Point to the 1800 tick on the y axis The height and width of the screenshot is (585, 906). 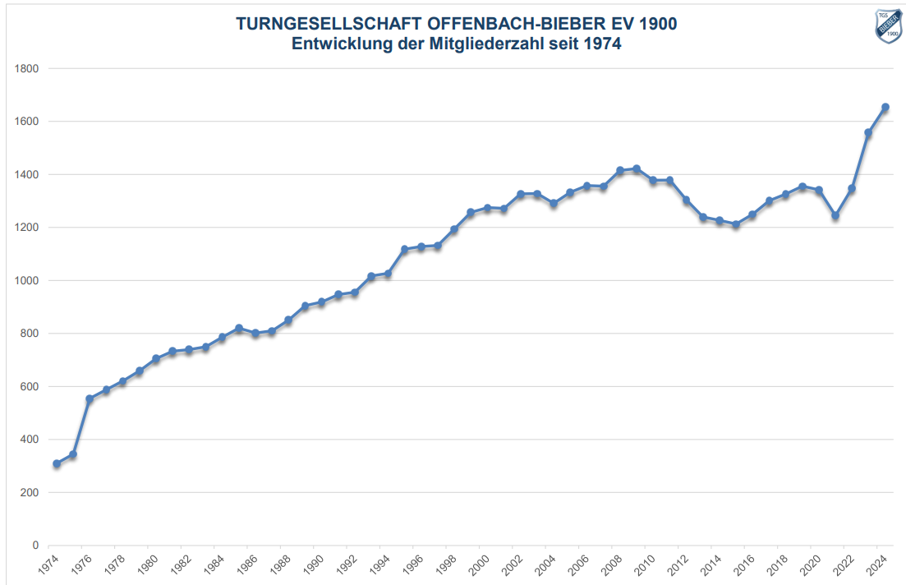point(27,68)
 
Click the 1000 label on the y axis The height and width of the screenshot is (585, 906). point(27,280)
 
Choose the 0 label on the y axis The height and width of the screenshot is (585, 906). point(34,546)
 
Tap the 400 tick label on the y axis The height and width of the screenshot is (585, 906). point(30,440)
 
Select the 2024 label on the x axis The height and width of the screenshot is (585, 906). point(876,566)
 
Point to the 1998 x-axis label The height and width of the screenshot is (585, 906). point(445,566)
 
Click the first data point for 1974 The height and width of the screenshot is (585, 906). point(57,464)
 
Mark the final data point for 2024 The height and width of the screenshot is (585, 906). point(885,107)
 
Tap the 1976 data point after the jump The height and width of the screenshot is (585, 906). point(90,399)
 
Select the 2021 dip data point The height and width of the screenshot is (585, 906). point(835,216)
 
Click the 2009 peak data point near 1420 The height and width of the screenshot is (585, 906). point(637,169)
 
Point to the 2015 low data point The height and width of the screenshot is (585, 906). point(736,224)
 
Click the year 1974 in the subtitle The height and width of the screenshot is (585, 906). point(601,44)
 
